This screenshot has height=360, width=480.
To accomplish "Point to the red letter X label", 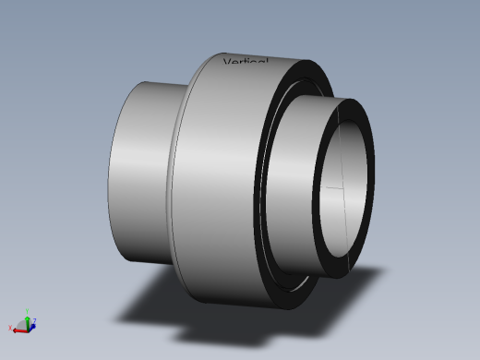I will [x=10, y=328].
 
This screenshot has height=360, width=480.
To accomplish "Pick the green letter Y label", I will [x=28, y=310].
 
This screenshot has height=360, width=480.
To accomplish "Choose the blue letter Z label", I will [x=35, y=320].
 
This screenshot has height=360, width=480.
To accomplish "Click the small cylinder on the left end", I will [x=138, y=171].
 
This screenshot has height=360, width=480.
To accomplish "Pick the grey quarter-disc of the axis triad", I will [x=23, y=324].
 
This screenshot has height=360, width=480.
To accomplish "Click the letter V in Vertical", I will [x=228, y=63].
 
